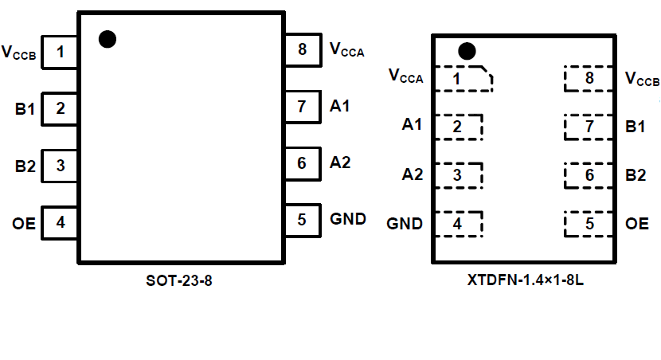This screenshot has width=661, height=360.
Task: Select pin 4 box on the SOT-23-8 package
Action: tap(60, 223)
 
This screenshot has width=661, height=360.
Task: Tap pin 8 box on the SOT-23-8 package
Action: tap(302, 49)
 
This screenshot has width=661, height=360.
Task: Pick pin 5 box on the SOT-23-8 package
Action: tap(302, 219)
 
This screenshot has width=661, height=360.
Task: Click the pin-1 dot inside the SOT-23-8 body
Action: tap(108, 39)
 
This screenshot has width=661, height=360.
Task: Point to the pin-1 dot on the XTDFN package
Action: tap(467, 52)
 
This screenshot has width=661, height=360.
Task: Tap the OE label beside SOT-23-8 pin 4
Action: tap(24, 224)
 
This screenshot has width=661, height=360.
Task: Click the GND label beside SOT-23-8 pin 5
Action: tap(348, 219)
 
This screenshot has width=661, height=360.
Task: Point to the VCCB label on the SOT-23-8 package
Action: tap(19, 54)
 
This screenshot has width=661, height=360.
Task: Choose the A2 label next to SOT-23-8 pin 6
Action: tap(340, 162)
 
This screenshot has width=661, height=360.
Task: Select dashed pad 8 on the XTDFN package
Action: tap(589, 78)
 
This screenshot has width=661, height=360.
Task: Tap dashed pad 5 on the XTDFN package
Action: tap(589, 224)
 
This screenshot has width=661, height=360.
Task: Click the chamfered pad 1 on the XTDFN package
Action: tap(462, 79)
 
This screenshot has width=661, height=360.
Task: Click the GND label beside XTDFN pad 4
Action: tap(405, 224)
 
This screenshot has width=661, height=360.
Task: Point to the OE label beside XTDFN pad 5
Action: tap(637, 224)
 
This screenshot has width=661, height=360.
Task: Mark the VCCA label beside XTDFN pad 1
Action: tap(406, 76)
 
